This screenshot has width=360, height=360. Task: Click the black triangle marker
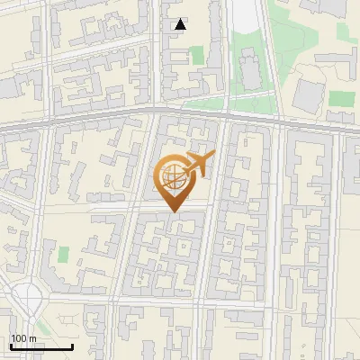coord(181,24)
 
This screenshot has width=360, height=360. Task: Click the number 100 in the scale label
coord(19,338)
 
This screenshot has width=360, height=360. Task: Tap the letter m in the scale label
coord(32,338)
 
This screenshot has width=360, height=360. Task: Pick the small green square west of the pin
coord(63,254)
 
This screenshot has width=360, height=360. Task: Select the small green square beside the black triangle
coord(197,56)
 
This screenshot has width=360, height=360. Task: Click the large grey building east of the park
coord(310,91)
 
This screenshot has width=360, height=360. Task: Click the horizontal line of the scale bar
coord(41,346)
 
